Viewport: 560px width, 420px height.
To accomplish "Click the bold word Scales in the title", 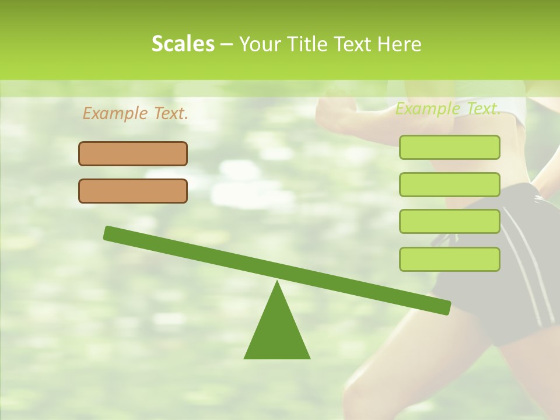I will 183,44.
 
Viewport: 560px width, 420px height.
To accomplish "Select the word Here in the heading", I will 399,44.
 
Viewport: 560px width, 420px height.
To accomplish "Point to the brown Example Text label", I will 135,113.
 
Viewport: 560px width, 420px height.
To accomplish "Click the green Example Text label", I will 448,108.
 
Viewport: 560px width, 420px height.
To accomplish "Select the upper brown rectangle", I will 133,153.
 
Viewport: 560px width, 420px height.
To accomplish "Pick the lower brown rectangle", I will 133,191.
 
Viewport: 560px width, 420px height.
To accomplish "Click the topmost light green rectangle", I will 449,147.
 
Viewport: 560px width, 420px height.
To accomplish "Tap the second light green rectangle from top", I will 449,184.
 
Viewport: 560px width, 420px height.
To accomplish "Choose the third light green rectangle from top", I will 449,222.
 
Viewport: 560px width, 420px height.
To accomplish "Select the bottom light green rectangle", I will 449,259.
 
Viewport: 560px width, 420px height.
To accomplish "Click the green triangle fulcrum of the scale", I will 277,332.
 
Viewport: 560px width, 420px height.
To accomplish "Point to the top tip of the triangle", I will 277,283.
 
